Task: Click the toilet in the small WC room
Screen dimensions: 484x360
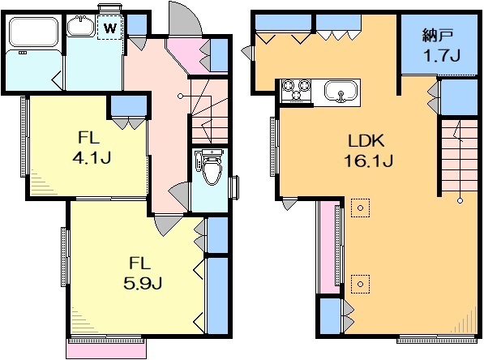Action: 211,167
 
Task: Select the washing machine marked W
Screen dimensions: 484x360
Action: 110,28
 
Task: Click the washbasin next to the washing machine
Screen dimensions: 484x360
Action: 81,26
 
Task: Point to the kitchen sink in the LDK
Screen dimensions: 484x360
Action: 341,92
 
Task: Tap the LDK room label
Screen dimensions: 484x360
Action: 366,141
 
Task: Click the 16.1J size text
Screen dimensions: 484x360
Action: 368,161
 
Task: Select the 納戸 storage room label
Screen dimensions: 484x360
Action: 438,36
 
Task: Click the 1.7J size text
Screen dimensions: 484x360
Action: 441,56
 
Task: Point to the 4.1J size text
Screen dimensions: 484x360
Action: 92,158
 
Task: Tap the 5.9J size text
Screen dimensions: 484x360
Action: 143,283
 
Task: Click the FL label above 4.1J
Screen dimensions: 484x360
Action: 89,137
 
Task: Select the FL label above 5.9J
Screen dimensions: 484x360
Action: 139,263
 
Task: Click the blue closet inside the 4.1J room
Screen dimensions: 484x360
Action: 128,105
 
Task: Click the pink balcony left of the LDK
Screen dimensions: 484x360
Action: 327,246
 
